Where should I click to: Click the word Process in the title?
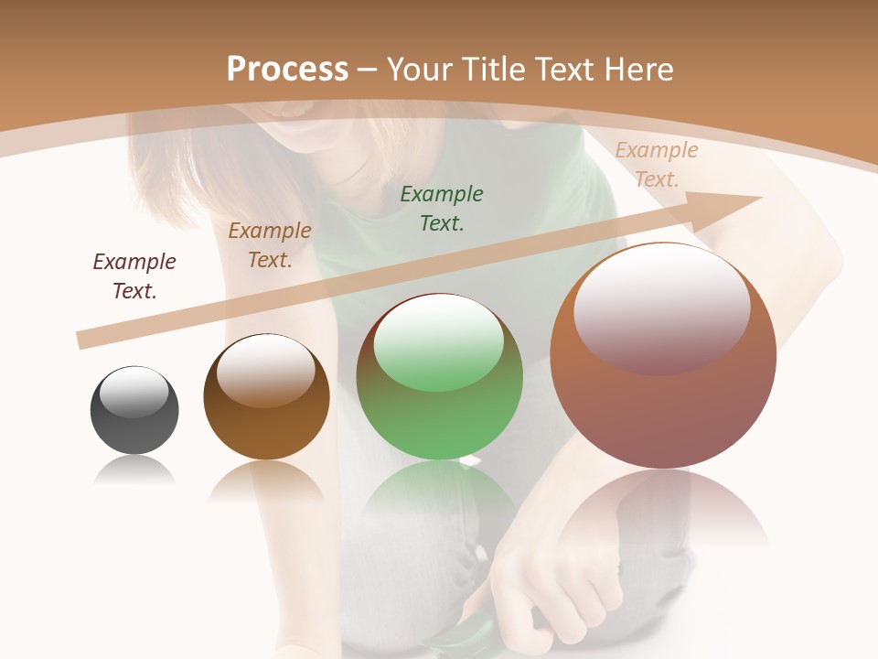[287, 70]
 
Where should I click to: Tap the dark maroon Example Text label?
[134, 275]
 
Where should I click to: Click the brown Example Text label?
[270, 244]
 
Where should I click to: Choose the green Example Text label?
[442, 208]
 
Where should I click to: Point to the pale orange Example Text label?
[656, 164]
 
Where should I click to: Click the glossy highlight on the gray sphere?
[134, 392]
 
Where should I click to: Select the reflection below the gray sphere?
[134, 471]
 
